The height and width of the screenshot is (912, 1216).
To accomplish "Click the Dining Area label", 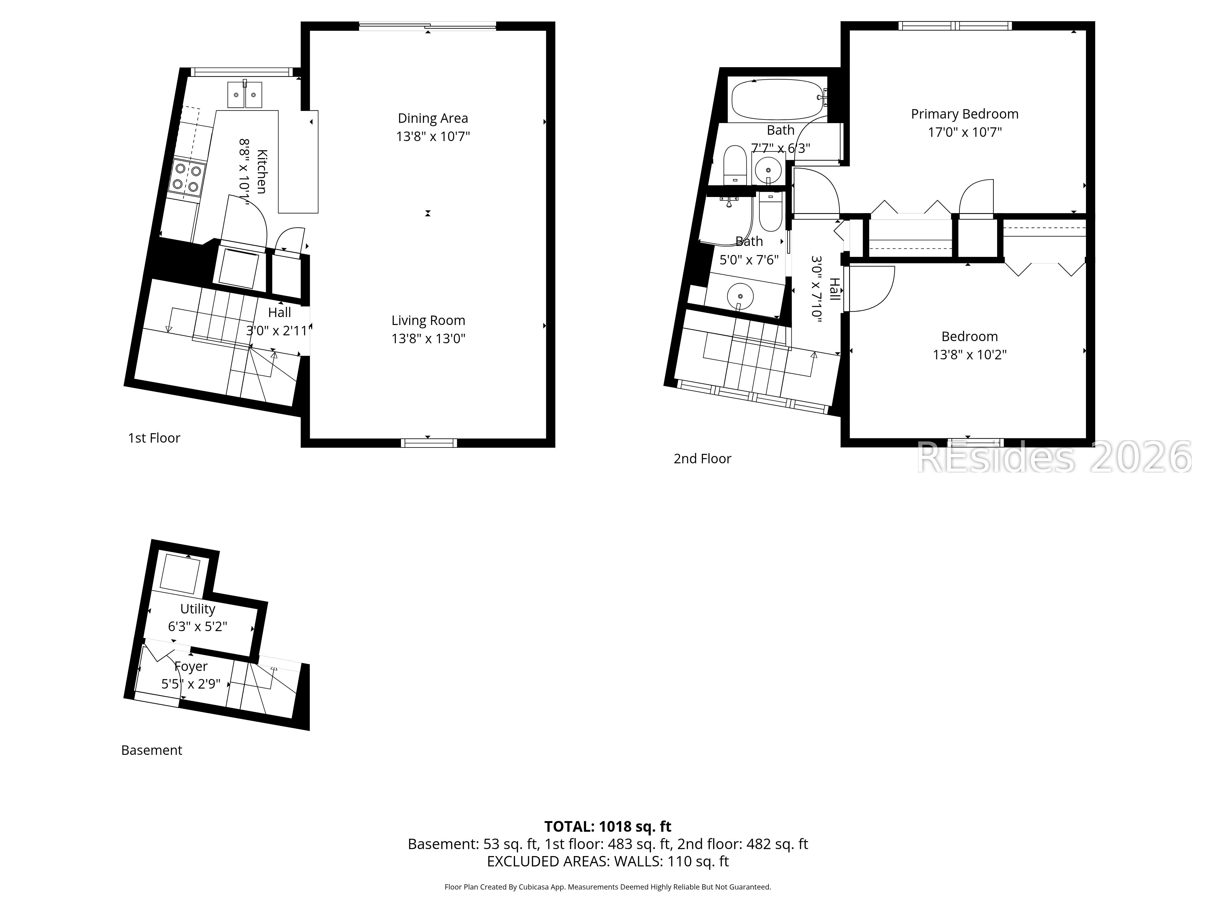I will pyautogui.click(x=433, y=118).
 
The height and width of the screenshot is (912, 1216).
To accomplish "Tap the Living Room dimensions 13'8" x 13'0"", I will pyautogui.click(x=428, y=339).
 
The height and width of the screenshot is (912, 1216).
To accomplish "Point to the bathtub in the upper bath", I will pyautogui.click(x=776, y=99).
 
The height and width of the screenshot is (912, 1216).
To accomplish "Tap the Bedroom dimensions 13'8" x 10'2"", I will pyautogui.click(x=969, y=354).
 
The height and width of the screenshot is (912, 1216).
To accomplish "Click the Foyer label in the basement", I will pyautogui.click(x=191, y=666).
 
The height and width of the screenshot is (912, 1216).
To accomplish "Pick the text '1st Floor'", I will pyautogui.click(x=154, y=438).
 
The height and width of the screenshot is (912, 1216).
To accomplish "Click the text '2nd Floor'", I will pyautogui.click(x=702, y=458).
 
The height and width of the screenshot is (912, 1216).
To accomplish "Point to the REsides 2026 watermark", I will pyautogui.click(x=1053, y=458).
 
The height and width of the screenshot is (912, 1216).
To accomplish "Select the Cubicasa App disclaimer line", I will pyautogui.click(x=607, y=887).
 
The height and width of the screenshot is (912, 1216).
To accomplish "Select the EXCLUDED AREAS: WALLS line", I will pyautogui.click(x=607, y=862).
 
